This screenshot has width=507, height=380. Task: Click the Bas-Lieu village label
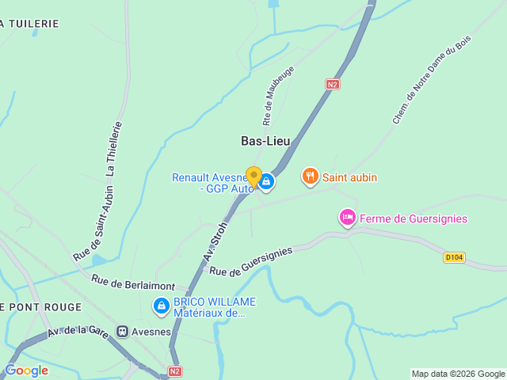pos(265,141)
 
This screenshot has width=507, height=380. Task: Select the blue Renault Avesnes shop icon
pos(267,182)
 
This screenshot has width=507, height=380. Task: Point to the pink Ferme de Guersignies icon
pos(347,217)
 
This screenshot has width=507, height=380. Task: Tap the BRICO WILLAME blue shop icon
pos(161,305)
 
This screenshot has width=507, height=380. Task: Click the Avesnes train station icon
pos(123,331)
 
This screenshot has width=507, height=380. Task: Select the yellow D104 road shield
pos(454,257)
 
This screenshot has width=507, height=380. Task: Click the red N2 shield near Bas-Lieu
pos(334,83)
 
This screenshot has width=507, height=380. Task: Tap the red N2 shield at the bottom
pos(175,370)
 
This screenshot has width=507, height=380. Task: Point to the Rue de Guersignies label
pos(250,260)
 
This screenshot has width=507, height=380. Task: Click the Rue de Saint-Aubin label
pos(93,224)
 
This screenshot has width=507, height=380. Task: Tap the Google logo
pos(27,370)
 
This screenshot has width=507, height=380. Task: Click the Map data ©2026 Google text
pos(457,374)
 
